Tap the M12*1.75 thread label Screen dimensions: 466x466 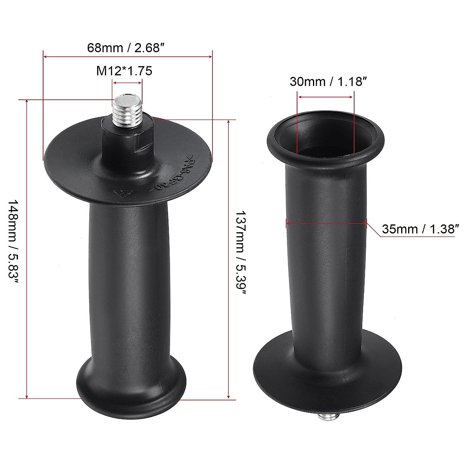coord(124,71)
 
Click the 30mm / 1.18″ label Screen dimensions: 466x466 coord(329,82)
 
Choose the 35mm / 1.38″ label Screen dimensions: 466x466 coord(418,229)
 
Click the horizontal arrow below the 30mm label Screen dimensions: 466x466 coord(325,97)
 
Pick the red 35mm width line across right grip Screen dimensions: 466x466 coord(326,223)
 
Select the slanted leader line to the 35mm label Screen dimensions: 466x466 coord(373,230)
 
